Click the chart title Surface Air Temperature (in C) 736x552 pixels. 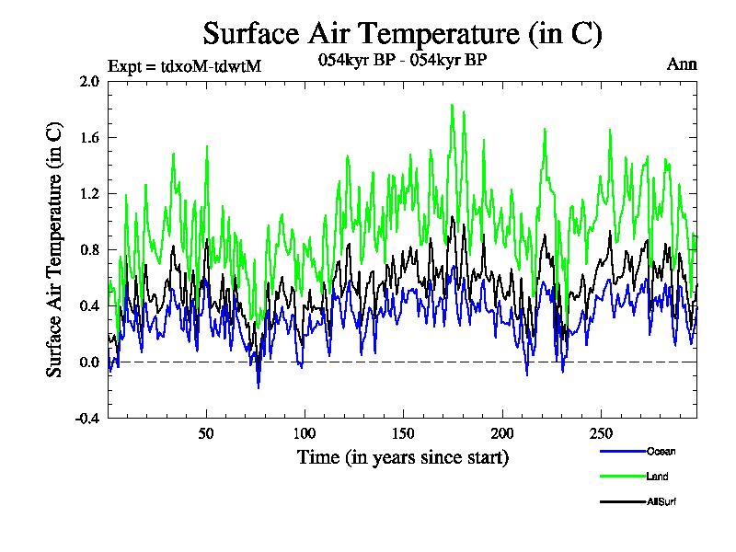(402, 34)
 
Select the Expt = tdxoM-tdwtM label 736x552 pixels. (185, 65)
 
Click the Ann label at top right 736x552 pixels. (681, 64)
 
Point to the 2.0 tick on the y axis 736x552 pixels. (89, 81)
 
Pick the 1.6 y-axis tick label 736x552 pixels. (89, 137)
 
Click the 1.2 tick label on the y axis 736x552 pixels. (89, 193)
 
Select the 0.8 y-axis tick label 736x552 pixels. (89, 249)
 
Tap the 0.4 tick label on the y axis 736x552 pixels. (89, 305)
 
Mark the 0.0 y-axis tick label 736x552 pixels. (89, 362)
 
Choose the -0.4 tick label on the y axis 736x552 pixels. (87, 418)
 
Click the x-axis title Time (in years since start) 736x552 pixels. (403, 456)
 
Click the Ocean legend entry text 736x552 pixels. (660, 452)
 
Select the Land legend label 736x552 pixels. (657, 477)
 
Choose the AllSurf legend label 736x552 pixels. (661, 501)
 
